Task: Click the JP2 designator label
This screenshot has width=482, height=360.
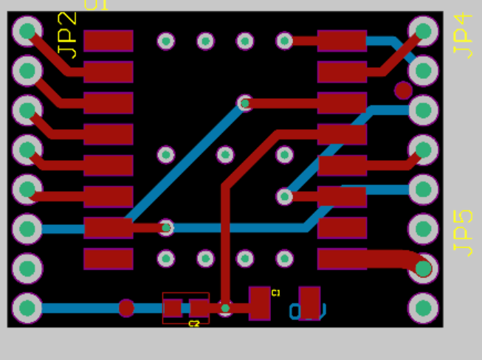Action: pos(66,35)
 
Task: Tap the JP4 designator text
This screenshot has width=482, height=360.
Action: pos(463,35)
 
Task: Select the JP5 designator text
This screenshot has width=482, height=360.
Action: pos(463,233)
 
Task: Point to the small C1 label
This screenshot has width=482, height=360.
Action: pos(276,293)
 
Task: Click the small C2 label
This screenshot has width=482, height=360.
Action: pos(194,324)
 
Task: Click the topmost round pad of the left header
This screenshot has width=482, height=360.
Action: pos(27,31)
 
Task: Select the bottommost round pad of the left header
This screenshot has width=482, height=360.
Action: pos(27,308)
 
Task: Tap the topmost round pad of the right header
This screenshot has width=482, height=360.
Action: pos(423,31)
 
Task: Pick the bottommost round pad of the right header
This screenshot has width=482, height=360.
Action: pos(423,308)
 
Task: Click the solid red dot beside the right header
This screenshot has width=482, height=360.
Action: pos(403,91)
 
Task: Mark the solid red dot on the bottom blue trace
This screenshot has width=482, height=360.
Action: pos(126,308)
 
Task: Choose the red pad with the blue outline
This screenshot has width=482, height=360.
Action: pos(309,302)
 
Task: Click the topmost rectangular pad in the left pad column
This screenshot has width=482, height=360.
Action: pos(109,41)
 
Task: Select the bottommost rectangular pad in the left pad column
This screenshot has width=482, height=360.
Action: pos(109,259)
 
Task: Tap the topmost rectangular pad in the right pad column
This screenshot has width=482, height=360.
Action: pos(342,41)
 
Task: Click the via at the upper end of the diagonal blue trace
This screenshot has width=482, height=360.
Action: pos(245,103)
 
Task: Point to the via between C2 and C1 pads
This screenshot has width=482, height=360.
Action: pos(225,307)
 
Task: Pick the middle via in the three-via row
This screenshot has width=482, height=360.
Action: pos(225,155)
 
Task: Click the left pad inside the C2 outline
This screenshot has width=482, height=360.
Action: pos(173,308)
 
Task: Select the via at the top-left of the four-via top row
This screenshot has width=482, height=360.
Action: pos(166,41)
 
